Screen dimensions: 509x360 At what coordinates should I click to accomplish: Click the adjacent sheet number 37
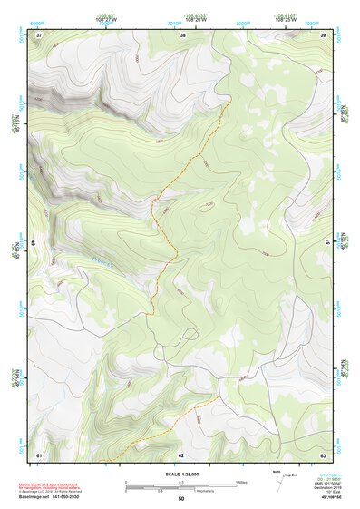click(39, 34)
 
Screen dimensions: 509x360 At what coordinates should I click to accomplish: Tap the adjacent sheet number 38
click(183, 34)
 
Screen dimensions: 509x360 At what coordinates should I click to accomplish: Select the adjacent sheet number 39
click(323, 34)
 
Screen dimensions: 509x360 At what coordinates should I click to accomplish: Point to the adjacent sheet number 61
click(39, 454)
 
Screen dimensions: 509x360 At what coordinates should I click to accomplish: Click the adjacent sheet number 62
click(181, 454)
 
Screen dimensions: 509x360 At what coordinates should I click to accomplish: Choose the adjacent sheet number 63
click(323, 454)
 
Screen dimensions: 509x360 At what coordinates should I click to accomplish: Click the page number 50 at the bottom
click(181, 499)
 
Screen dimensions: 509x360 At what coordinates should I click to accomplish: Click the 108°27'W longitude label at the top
click(107, 17)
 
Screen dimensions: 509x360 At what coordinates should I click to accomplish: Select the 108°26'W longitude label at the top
click(197, 17)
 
